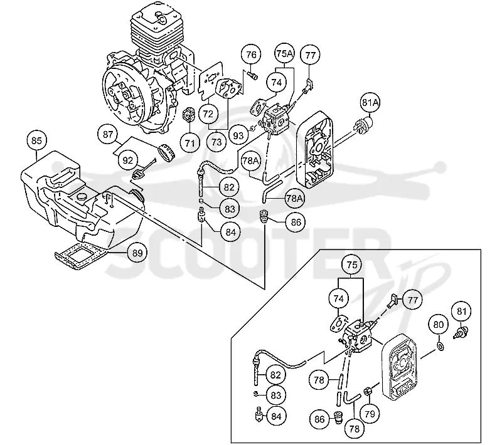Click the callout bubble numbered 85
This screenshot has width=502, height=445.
tap(36, 140)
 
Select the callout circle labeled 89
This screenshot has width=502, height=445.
tap(137, 253)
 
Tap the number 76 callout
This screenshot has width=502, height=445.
tap(252, 55)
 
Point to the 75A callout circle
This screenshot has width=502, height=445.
tap(285, 54)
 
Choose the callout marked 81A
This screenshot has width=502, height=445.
tap(370, 103)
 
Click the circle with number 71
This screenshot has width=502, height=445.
tap(190, 142)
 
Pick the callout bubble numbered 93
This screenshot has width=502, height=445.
tap(238, 136)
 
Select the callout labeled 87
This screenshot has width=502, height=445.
tap(108, 134)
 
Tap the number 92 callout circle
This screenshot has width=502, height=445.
tap(128, 160)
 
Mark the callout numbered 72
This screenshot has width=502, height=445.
tap(208, 113)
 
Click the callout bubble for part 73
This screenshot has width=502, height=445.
tap(216, 142)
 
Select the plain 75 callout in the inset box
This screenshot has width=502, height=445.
tap(351, 264)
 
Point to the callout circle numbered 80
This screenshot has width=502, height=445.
tap(438, 325)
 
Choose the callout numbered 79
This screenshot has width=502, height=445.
tap(370, 414)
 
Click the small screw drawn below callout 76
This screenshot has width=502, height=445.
tap(253, 75)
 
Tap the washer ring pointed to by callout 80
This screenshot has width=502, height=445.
tap(441, 346)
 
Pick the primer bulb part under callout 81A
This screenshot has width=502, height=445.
tap(363, 125)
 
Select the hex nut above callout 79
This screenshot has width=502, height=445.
tap(368, 390)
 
